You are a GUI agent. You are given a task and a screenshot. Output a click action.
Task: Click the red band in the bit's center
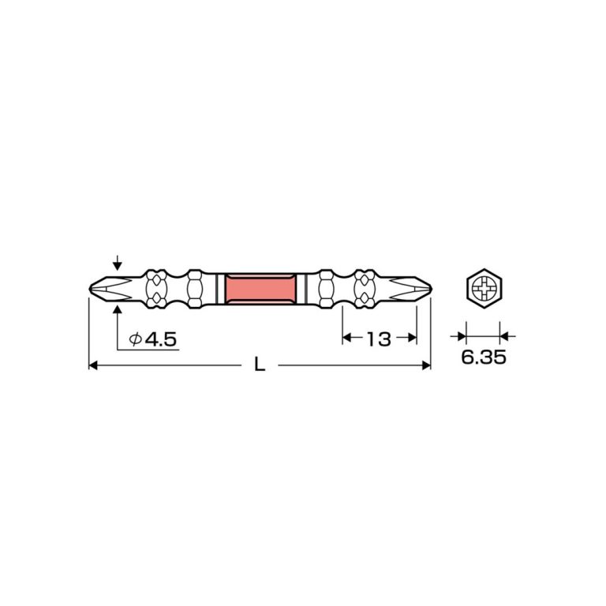click(x=260, y=289)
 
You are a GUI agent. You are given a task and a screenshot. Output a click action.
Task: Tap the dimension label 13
click(x=379, y=339)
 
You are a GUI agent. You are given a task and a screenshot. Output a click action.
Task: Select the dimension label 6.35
click(x=484, y=357)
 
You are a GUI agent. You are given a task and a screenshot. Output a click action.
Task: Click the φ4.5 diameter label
click(x=152, y=339)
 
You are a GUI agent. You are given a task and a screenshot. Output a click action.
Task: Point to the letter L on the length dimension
click(x=260, y=365)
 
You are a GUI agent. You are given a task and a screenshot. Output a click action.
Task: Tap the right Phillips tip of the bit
click(x=410, y=289)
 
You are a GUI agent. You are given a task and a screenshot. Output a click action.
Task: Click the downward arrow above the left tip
click(x=118, y=263)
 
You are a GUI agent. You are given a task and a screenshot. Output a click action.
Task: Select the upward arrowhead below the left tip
click(x=118, y=309)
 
